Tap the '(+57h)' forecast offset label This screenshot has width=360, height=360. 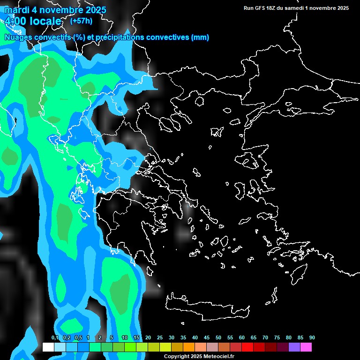click(x=81, y=21)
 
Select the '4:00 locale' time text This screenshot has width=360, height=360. click(x=33, y=21)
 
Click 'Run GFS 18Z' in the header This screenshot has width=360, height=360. click(x=260, y=8)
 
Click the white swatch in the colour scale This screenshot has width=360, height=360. click(x=48, y=347)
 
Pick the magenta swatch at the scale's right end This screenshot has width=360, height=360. click(x=306, y=347)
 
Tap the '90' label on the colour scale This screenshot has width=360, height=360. click(x=312, y=338)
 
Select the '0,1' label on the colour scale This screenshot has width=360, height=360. click(x=54, y=338)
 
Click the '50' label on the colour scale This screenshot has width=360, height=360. click(x=218, y=338)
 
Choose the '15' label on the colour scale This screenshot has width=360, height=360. click(x=136, y=338)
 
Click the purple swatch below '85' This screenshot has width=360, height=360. click(x=294, y=347)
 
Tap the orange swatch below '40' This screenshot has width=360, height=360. click(x=189, y=347)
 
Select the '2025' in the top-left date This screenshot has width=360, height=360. click(x=94, y=10)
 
